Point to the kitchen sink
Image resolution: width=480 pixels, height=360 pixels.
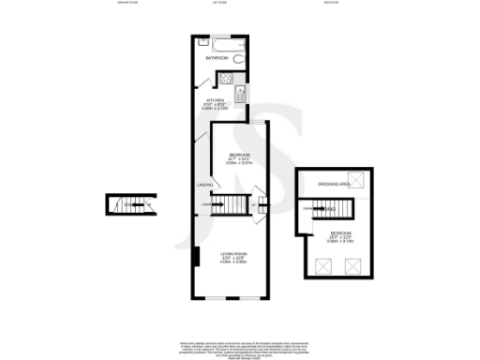240,93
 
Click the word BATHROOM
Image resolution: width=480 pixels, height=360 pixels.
217,59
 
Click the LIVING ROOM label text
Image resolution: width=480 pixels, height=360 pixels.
233,254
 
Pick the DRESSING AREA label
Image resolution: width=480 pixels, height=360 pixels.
334,184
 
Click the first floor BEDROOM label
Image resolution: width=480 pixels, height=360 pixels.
239,155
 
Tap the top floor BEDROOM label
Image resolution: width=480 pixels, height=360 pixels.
340,232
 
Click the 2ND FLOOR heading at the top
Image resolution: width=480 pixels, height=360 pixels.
330,4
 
